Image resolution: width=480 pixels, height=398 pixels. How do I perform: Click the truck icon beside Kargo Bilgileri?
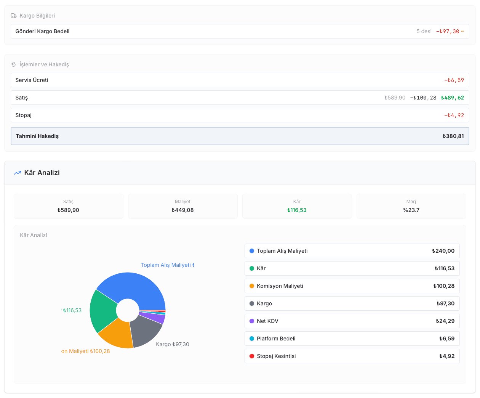coord(14,16)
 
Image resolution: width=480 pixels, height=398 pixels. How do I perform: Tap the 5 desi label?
coord(424,31)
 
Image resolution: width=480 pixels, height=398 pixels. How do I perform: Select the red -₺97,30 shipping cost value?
coord(447,31)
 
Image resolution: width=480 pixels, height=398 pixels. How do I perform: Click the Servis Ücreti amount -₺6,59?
coord(454,80)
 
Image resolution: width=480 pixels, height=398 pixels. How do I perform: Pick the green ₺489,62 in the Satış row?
coord(452,98)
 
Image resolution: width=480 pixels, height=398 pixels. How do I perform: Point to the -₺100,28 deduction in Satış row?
coord(423,98)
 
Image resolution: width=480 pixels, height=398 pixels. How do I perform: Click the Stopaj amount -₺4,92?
coord(454,115)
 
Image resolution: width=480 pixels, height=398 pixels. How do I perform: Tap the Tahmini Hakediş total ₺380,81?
coord(453,136)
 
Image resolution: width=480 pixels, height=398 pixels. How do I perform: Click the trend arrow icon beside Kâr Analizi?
coord(18,173)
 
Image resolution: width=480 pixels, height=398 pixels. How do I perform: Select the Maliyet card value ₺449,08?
coord(182,210)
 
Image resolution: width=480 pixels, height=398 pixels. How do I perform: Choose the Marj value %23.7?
coord(411,210)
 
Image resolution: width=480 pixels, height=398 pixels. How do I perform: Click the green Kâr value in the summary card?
coord(296,210)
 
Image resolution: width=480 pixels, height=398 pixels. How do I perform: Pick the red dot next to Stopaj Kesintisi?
coord(252,356)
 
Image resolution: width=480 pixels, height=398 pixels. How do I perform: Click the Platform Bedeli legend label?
coord(276,339)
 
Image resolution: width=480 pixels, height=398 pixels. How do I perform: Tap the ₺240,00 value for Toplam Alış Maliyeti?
coord(443,251)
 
